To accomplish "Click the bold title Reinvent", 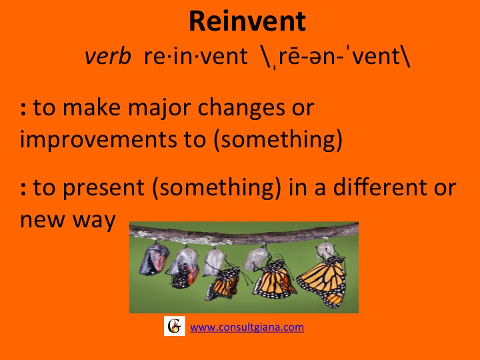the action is click(247, 21).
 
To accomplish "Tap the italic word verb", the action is click(108, 56).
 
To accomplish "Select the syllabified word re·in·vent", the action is click(195, 56).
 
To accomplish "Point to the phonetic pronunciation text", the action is click(336, 57).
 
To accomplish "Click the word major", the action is click(159, 108).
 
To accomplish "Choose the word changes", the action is click(241, 109).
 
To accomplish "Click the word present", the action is click(103, 187).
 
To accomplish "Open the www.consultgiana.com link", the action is click(247, 327).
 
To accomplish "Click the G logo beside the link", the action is click(175, 326).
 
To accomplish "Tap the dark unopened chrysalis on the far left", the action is click(154, 258).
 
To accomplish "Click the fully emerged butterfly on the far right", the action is click(323, 280).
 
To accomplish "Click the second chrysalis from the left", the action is click(184, 267).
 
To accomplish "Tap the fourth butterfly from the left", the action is click(273, 279).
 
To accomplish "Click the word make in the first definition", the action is click(91, 108).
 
